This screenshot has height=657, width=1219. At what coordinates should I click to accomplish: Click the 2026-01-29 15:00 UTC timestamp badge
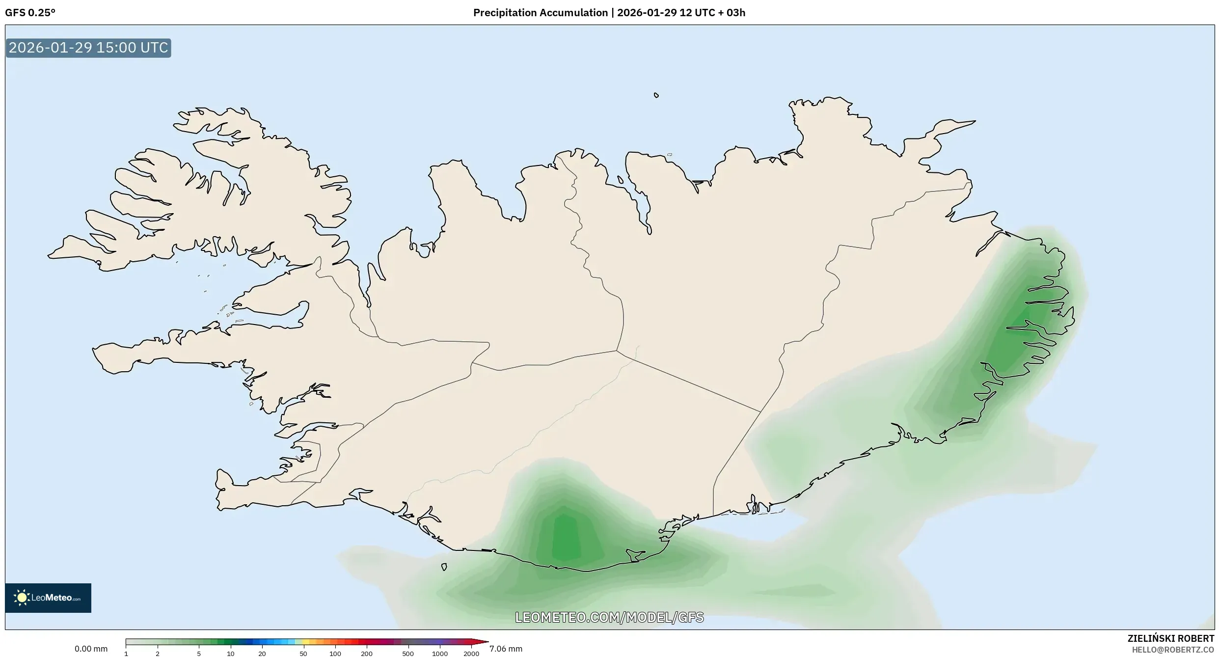(x=88, y=48)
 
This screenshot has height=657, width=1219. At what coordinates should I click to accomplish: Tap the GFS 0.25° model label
(x=30, y=13)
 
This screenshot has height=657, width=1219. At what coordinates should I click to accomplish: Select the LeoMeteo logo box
(x=48, y=598)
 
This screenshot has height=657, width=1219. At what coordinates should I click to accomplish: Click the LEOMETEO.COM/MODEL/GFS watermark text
(x=609, y=617)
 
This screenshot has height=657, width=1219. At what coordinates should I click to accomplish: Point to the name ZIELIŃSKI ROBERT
(x=1170, y=638)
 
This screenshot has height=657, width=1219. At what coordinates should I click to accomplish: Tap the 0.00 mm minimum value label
(x=91, y=649)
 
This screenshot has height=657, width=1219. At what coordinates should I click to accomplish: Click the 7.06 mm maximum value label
(x=506, y=649)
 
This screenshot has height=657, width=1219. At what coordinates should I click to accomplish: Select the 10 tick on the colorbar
(x=230, y=654)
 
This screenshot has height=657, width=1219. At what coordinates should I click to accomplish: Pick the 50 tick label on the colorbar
(x=303, y=654)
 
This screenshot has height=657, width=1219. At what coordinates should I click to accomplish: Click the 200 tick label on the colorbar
(x=367, y=654)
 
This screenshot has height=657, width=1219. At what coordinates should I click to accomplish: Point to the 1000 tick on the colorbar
(x=440, y=654)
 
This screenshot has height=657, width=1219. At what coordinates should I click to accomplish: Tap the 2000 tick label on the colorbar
(x=471, y=654)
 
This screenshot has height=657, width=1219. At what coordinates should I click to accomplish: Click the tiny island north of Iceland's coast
(x=656, y=95)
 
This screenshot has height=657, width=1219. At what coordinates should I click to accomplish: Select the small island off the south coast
(x=444, y=567)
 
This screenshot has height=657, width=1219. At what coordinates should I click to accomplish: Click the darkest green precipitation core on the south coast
(x=565, y=538)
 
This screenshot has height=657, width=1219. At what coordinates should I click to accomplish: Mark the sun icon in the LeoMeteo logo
(x=22, y=598)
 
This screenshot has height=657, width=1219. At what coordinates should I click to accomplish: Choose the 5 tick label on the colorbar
(x=199, y=654)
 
